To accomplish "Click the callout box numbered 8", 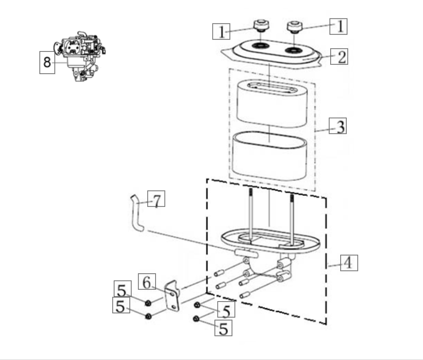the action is [47, 62].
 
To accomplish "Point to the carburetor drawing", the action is [80, 56].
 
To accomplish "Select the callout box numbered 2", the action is [339, 57].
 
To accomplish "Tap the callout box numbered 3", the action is [338, 126].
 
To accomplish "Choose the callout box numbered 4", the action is [349, 263].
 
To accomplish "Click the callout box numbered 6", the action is [147, 282].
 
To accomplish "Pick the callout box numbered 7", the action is [156, 199].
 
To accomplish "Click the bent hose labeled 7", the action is [137, 213].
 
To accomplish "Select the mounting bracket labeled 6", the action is [172, 296].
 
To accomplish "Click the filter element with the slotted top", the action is [272, 103].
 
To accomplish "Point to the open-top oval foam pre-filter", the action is [269, 156].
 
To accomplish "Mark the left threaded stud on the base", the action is [251, 213].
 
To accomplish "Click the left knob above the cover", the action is [261, 25].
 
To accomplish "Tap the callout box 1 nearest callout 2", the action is [338, 26].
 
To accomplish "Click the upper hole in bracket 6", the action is [171, 293].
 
